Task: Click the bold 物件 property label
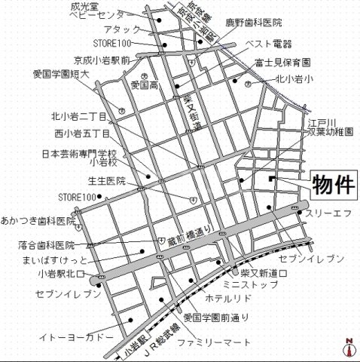(x=331, y=183)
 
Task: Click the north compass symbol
(x=349, y=348)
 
